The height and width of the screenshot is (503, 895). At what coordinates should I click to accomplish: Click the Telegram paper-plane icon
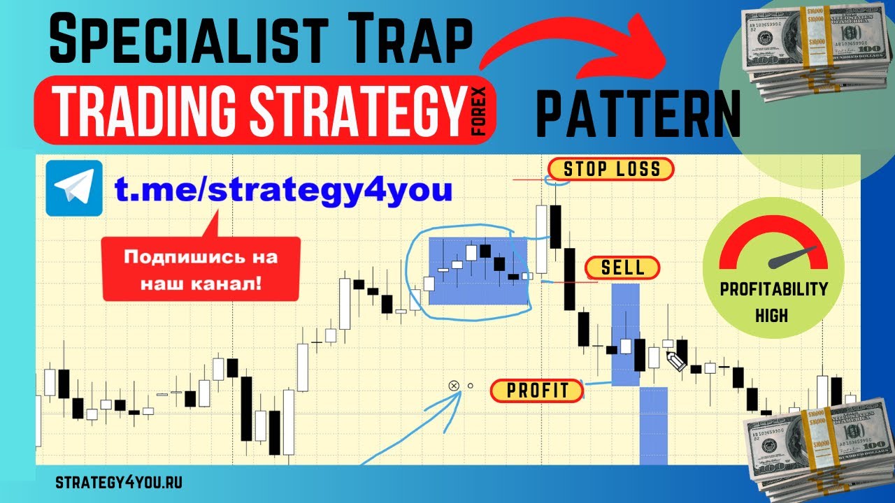point(73,188)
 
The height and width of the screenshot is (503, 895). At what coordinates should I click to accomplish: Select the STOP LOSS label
point(610,169)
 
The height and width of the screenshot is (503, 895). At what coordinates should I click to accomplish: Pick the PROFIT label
point(537,391)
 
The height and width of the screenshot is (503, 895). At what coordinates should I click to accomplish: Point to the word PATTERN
point(637,115)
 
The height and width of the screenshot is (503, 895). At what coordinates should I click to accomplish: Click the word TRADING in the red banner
point(143,110)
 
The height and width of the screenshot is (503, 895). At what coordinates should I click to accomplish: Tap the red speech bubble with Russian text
point(201,268)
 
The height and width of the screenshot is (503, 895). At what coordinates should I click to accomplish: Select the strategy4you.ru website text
point(118,482)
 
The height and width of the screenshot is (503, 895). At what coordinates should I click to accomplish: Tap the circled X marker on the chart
point(453,386)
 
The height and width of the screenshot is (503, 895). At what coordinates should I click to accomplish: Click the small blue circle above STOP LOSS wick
point(556,180)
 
